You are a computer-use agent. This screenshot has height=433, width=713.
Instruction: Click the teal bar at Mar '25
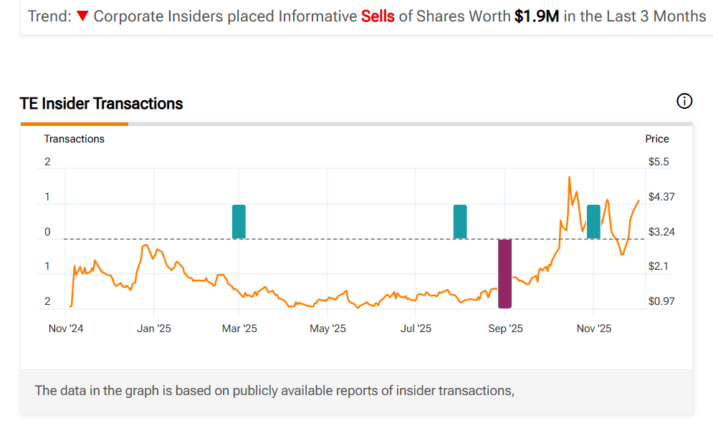coord(239,221)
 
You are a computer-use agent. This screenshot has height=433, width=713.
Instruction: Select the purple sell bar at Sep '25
coord(505,273)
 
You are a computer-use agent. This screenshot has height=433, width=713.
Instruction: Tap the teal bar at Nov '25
coord(593,221)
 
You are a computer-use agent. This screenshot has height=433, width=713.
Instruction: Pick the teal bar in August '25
coord(460,221)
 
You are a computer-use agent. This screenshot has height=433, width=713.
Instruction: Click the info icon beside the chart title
coord(684,102)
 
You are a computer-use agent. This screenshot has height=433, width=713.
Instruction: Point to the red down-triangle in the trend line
coord(82,16)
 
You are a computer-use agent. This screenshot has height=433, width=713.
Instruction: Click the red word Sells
coord(378,16)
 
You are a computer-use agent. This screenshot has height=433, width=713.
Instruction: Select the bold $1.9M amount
coord(536,16)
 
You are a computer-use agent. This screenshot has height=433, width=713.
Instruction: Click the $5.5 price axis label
coord(659,162)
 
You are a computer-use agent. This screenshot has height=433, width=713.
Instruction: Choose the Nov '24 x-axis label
coord(66,329)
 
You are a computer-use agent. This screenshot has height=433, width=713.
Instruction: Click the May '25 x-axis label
coord(327,329)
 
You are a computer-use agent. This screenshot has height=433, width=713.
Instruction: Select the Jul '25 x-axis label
coord(416,329)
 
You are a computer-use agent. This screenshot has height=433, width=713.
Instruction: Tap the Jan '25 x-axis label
coord(154,329)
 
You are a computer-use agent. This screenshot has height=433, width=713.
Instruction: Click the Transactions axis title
coord(75,139)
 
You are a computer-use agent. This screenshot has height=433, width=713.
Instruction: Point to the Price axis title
coord(657,139)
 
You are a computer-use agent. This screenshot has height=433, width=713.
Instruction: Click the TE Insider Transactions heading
coord(102,104)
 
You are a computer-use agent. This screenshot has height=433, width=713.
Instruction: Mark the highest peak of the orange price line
coord(569,177)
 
